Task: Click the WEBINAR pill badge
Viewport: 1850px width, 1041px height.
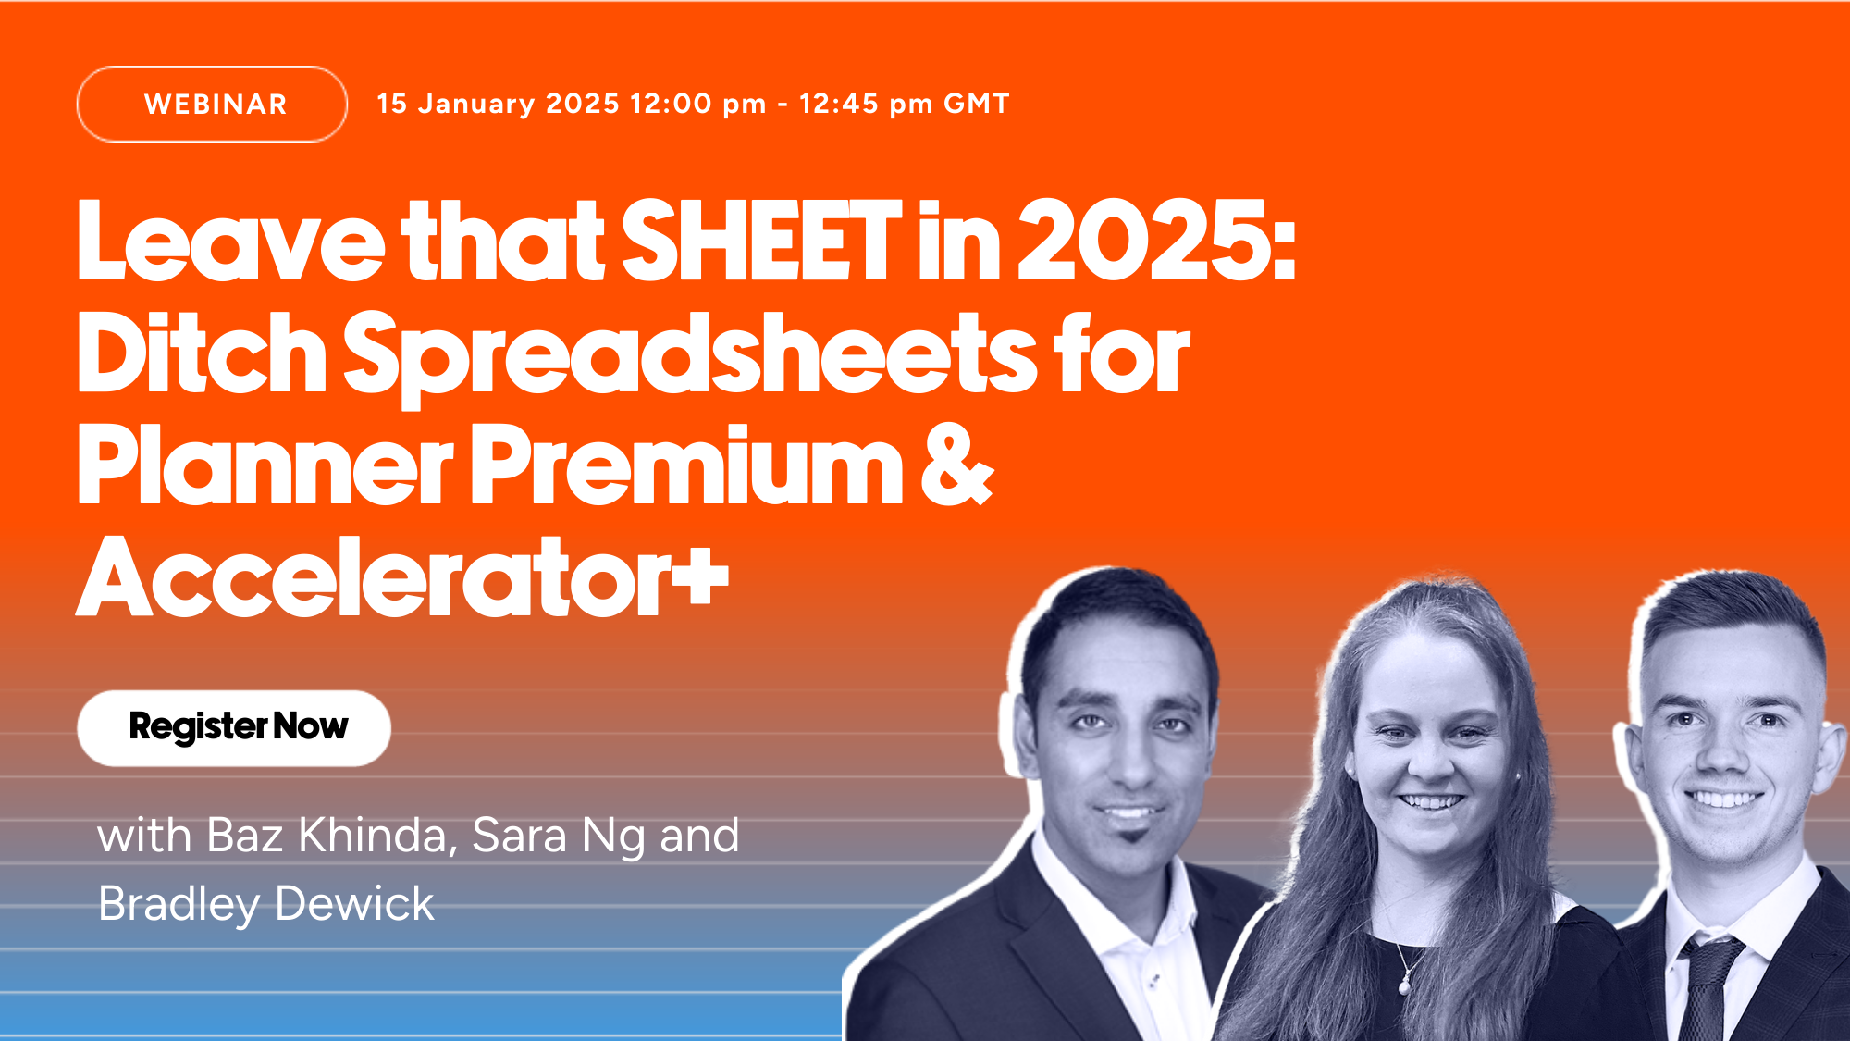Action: coord(212,104)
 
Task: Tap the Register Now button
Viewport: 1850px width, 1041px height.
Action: coord(234,727)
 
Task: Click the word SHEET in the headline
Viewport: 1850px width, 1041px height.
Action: coord(761,241)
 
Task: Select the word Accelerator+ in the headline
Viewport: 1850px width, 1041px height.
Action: coord(403,577)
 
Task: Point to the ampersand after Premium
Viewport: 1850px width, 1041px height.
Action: coord(956,465)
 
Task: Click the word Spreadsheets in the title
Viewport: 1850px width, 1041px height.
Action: coord(690,356)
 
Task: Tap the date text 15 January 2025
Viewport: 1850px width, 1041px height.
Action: coord(498,104)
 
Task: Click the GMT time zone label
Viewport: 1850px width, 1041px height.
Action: coord(976,104)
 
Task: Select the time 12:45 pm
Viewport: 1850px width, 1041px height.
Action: coord(866,104)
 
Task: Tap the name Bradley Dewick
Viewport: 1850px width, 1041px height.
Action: coord(266,904)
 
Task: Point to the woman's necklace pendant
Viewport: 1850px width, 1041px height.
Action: coord(1405,986)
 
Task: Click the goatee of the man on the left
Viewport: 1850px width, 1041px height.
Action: coord(1130,840)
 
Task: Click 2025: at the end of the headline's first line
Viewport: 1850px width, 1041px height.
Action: coord(1157,241)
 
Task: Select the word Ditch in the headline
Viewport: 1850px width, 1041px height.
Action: coord(202,353)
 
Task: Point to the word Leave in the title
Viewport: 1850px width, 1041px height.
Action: coord(230,241)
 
